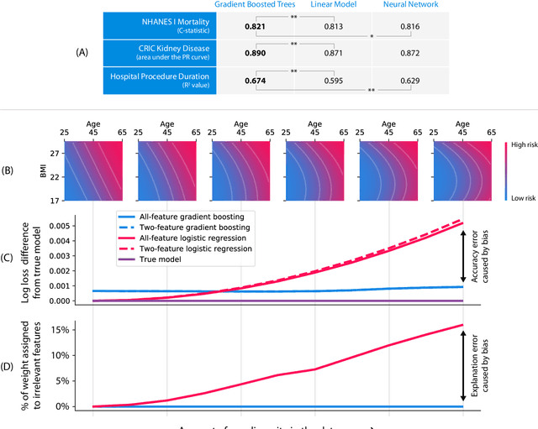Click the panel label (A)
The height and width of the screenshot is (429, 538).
click(x=82, y=52)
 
